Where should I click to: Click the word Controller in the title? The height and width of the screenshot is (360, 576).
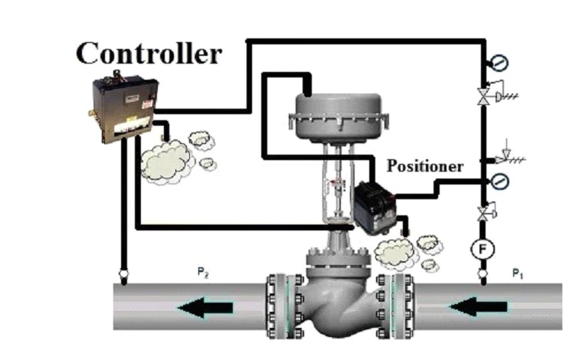point(149,53)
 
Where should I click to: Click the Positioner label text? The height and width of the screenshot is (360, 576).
point(425,165)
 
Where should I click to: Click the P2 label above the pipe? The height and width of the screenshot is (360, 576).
point(203,273)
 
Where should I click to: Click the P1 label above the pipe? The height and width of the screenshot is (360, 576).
point(518,273)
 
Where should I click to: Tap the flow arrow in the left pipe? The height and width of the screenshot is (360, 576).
point(204,308)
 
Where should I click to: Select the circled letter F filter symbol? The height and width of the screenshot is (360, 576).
point(483,249)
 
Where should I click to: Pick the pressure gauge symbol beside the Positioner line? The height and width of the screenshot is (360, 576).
point(499,182)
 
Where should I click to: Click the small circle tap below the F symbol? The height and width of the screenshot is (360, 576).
point(483,273)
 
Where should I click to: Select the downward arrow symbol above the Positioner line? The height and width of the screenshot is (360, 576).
point(505,152)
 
